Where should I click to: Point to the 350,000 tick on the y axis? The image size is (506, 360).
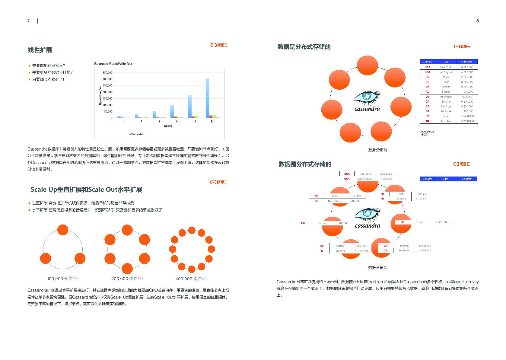[x=107, y=73]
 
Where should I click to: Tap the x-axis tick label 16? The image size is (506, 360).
[x=194, y=121]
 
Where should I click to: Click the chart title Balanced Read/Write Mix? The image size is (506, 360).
[x=113, y=64]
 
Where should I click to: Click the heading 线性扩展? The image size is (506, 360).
[x=40, y=50]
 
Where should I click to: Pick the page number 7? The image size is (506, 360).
[x=29, y=21]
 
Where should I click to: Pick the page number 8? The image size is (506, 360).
[x=477, y=21]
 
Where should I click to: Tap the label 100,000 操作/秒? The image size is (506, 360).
[x=63, y=279]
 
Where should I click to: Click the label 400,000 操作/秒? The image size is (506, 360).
[x=191, y=279]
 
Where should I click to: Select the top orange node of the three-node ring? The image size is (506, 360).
[x=63, y=230]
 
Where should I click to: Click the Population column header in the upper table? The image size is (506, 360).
[x=466, y=62]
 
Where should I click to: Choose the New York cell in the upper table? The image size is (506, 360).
[x=446, y=67]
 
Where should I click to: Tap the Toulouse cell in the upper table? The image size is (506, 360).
[x=446, y=111]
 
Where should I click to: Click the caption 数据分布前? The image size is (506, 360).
[x=377, y=150]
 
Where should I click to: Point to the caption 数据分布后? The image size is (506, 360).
[x=377, y=268]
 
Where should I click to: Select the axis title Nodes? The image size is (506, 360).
[x=168, y=126]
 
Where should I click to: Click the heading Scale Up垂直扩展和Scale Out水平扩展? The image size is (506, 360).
[x=86, y=190]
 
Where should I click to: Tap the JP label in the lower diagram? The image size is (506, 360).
[x=402, y=222]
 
